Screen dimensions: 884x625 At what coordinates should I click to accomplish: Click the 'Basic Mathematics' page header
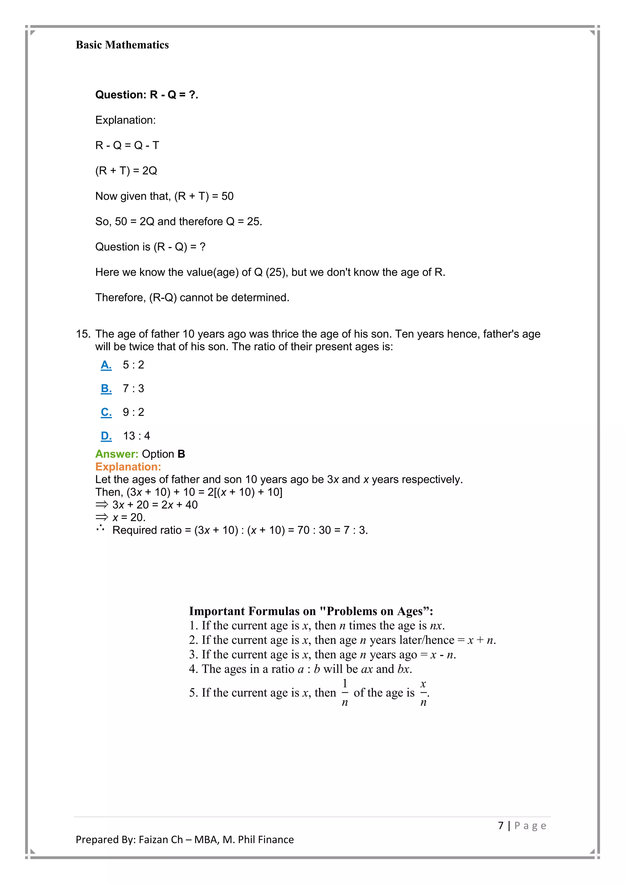[122, 45]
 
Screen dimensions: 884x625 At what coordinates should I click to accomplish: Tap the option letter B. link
[106, 389]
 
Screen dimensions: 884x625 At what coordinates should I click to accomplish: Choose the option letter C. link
[106, 412]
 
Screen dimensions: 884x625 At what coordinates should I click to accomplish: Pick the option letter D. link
[106, 436]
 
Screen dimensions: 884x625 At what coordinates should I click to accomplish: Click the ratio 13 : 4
[136, 436]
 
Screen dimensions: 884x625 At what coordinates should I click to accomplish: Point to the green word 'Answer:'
[117, 454]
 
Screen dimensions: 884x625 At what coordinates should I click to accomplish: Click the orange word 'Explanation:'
[128, 467]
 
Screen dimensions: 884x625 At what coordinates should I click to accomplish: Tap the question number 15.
[83, 334]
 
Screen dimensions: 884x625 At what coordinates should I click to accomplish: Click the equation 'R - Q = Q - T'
[127, 145]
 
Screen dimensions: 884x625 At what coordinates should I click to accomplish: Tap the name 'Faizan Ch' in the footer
[161, 839]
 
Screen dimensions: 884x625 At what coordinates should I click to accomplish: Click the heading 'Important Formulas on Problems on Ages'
[311, 611]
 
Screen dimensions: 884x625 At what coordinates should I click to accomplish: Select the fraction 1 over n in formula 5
[345, 693]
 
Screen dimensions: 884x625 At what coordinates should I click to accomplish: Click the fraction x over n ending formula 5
[423, 693]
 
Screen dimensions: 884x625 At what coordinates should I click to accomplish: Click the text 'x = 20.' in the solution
[129, 517]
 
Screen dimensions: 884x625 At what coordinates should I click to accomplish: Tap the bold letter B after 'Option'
[181, 454]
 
